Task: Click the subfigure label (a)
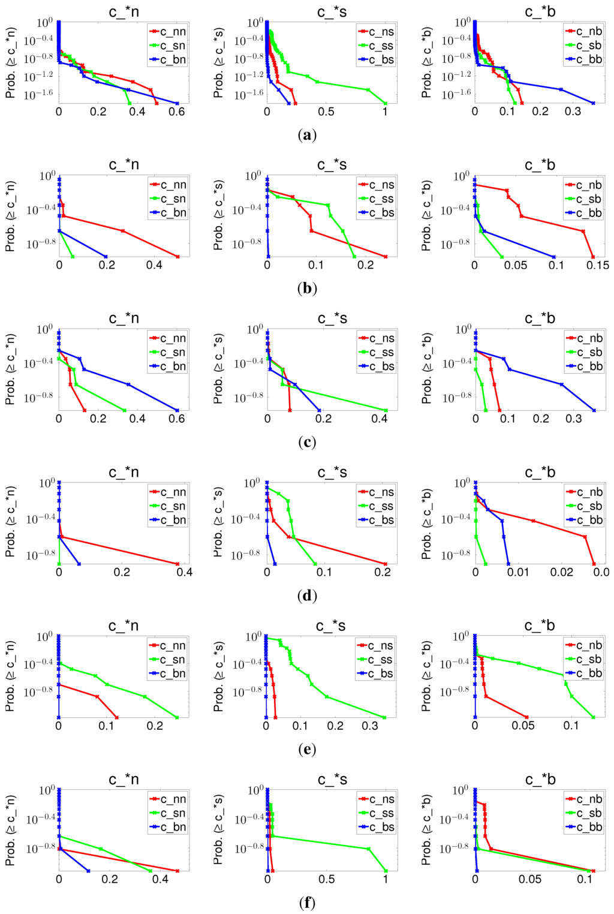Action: coord(306,135)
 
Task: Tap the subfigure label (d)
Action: coord(306,596)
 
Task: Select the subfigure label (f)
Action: coord(306,903)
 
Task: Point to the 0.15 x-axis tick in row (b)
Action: coord(597,265)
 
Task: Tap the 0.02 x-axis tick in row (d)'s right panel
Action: coord(562,572)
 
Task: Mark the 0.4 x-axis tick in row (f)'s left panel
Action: coord(160,879)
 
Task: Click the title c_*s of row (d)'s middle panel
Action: coord(332,473)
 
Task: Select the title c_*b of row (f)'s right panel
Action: coord(540,780)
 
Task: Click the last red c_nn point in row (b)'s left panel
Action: coord(177,257)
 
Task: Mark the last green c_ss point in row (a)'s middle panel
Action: coord(386,103)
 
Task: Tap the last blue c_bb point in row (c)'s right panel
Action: coord(594,410)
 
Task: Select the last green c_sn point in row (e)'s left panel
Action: coord(177,717)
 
